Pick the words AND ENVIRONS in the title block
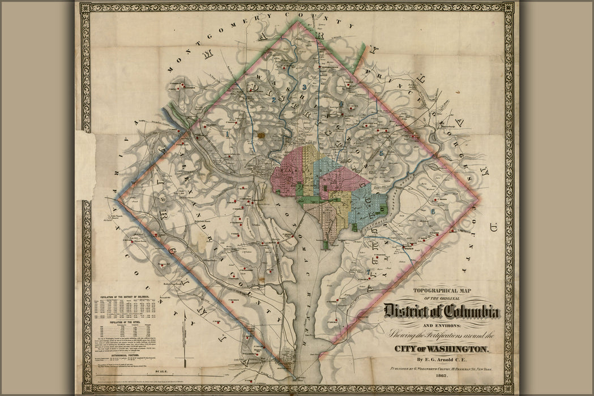pos(442,325)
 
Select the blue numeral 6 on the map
pos(433,211)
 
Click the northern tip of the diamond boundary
pos(297,21)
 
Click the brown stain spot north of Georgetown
pos(261,135)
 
